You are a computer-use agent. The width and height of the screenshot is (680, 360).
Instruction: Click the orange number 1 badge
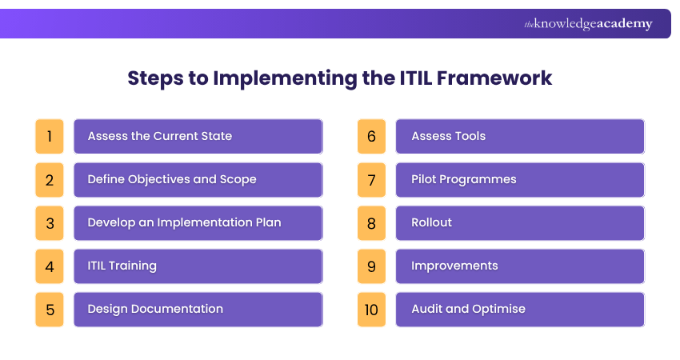coord(50,136)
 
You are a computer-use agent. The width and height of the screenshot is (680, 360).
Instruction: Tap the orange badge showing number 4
coord(50,266)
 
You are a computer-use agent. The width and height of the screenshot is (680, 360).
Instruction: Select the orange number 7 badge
coord(372,180)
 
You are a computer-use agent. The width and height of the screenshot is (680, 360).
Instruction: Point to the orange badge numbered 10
coord(372,310)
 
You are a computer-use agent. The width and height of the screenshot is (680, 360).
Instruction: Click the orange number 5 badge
coord(50,310)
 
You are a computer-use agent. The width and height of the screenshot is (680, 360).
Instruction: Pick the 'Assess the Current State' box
coord(198,136)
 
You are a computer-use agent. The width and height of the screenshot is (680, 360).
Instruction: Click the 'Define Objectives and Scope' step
coord(198,180)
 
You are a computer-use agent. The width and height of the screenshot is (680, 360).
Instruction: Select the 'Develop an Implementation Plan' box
coord(198,223)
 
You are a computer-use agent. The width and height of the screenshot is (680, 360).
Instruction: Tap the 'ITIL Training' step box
coord(198,266)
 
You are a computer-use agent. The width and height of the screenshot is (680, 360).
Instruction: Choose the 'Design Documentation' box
coord(198,310)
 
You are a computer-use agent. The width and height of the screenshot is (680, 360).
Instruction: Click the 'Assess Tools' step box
coord(521,136)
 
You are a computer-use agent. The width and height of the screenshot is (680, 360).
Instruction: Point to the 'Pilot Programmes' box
coord(521,180)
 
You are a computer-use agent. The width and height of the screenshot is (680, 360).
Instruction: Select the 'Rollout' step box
coord(521,223)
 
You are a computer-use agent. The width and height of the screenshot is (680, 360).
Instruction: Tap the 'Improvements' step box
coord(521,266)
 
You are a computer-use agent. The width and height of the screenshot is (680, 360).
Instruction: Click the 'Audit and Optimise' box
coord(521,310)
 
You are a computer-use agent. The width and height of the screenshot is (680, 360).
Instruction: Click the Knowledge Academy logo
coord(588,24)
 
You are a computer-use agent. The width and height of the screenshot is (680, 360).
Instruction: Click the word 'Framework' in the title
coord(494,78)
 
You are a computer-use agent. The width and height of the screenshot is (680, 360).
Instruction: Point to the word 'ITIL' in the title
coord(416,78)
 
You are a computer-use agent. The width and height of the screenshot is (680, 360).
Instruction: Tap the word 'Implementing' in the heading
coord(285,79)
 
